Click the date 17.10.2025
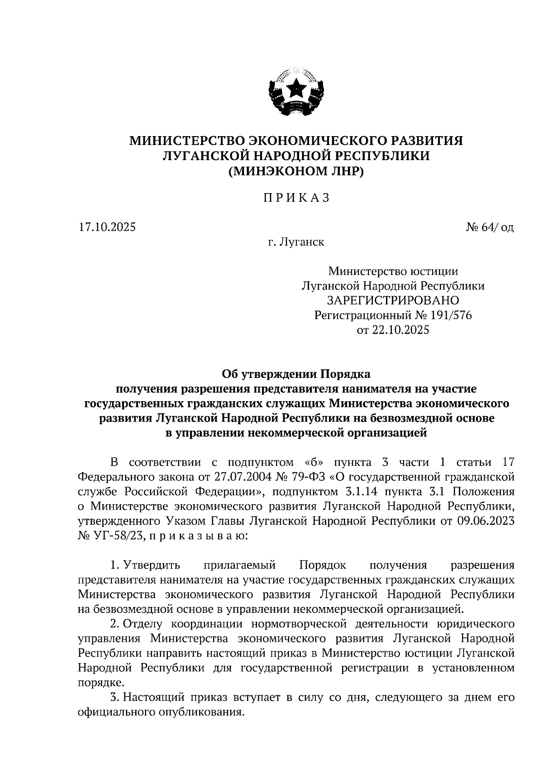(x=107, y=227)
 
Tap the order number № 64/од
(x=490, y=227)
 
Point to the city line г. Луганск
(x=296, y=242)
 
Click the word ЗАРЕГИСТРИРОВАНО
(x=393, y=300)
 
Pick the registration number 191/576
(x=448, y=315)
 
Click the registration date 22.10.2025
(x=400, y=330)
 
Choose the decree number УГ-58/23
(x=119, y=536)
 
